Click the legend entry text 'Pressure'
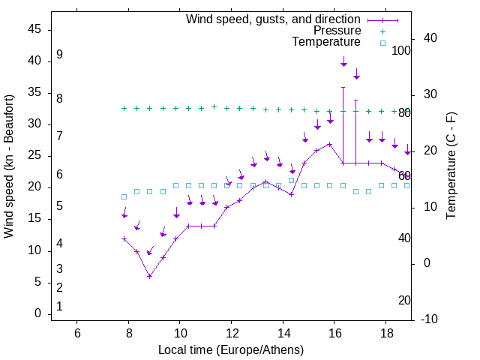(337, 31)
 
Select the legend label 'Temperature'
(326, 42)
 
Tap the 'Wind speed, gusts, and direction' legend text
(274, 19)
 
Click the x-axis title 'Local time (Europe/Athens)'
(231, 350)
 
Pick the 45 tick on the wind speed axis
(34, 29)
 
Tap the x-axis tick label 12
(231, 333)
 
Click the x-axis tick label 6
(77, 333)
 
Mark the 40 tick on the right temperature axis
(430, 38)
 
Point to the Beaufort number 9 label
(59, 55)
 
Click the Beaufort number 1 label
(59, 306)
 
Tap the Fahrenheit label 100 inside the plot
(401, 51)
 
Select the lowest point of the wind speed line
(150, 276)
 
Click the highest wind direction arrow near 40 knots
(343, 63)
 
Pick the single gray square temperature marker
(292, 180)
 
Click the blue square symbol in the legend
(382, 43)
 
